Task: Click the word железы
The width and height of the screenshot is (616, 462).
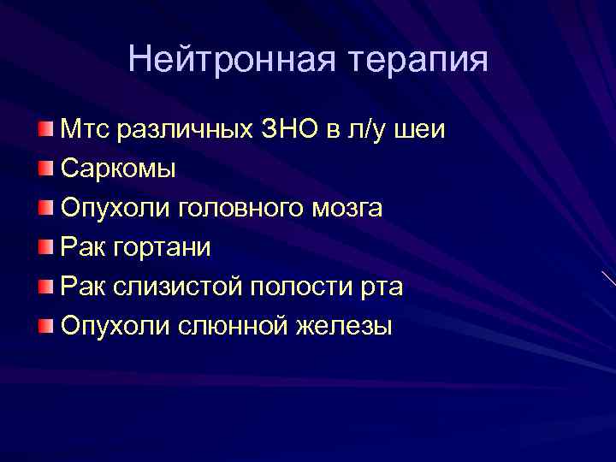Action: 345,326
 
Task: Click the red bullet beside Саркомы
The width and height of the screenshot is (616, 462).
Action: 44,168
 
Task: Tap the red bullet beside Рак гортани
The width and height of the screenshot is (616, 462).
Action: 44,246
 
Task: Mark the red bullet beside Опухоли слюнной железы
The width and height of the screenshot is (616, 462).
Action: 44,325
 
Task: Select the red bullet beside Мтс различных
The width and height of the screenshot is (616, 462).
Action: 44,129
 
